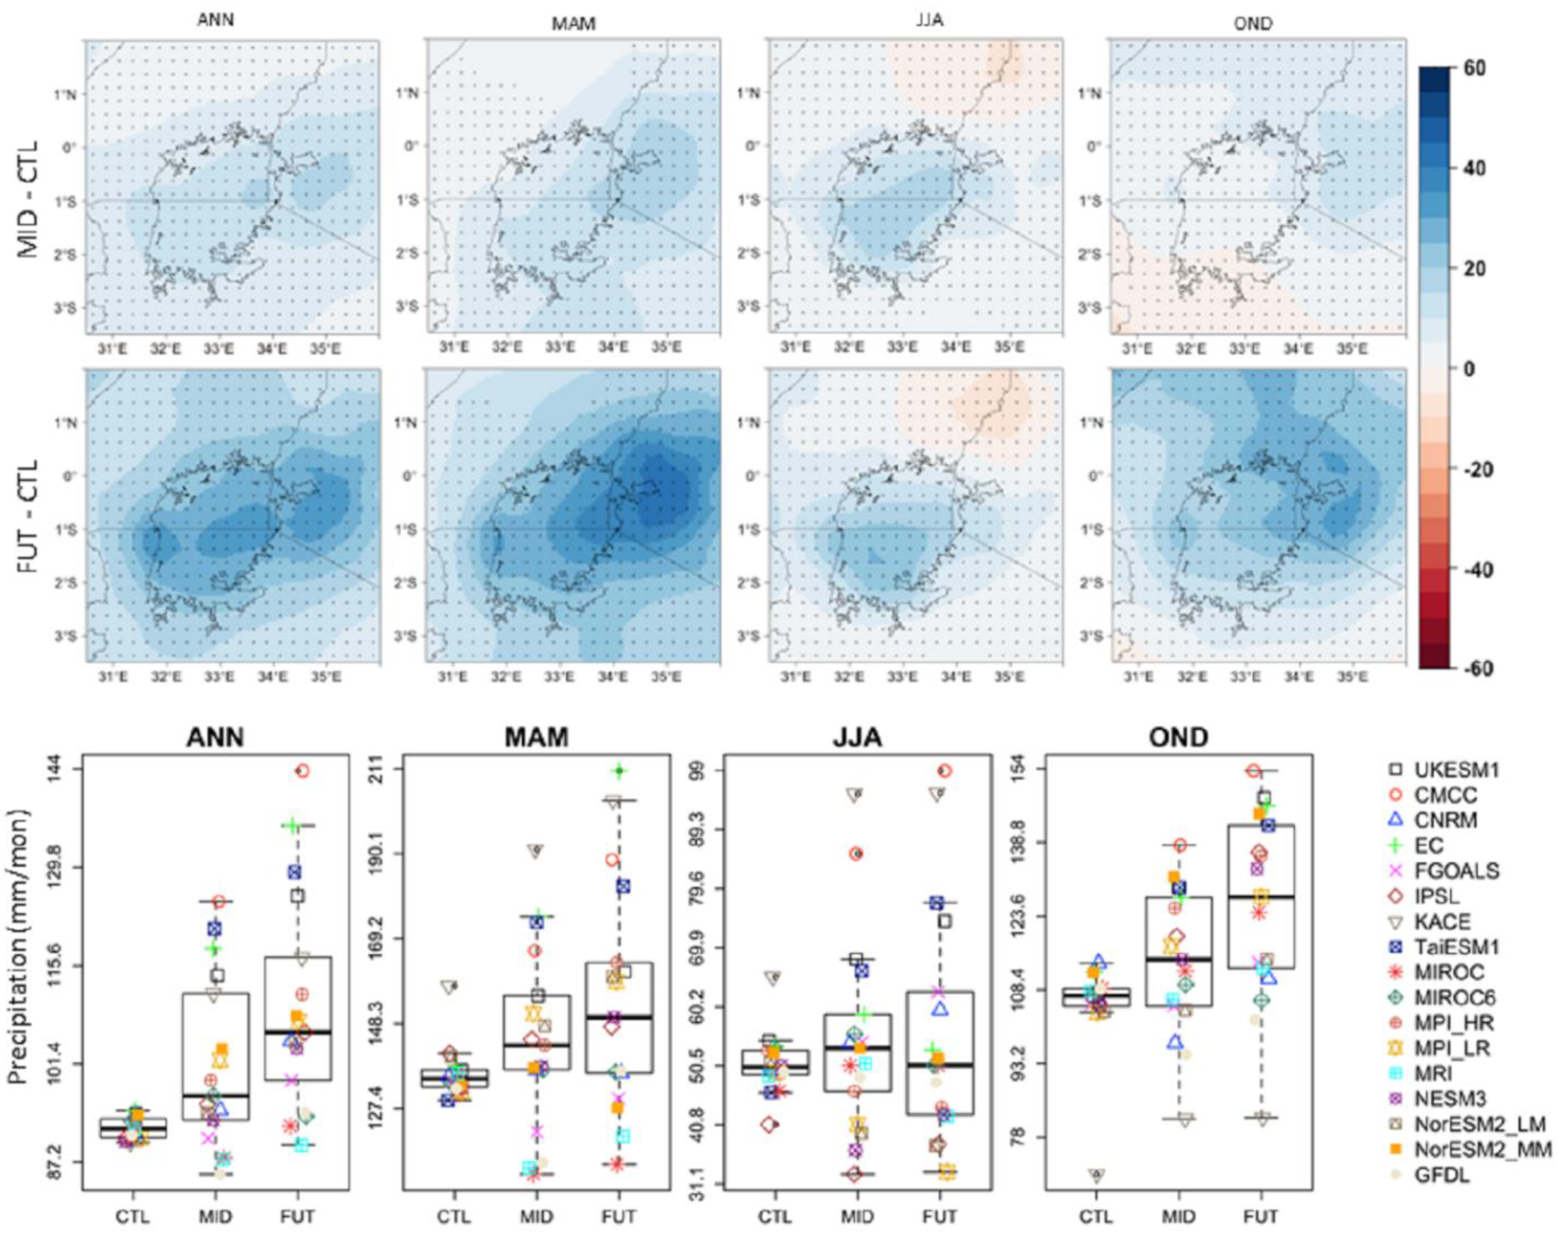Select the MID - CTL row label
click(x=28, y=199)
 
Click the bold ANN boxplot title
click(x=215, y=736)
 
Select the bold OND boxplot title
click(x=1178, y=736)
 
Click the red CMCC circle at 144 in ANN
click(x=303, y=771)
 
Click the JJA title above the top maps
click(x=930, y=20)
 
